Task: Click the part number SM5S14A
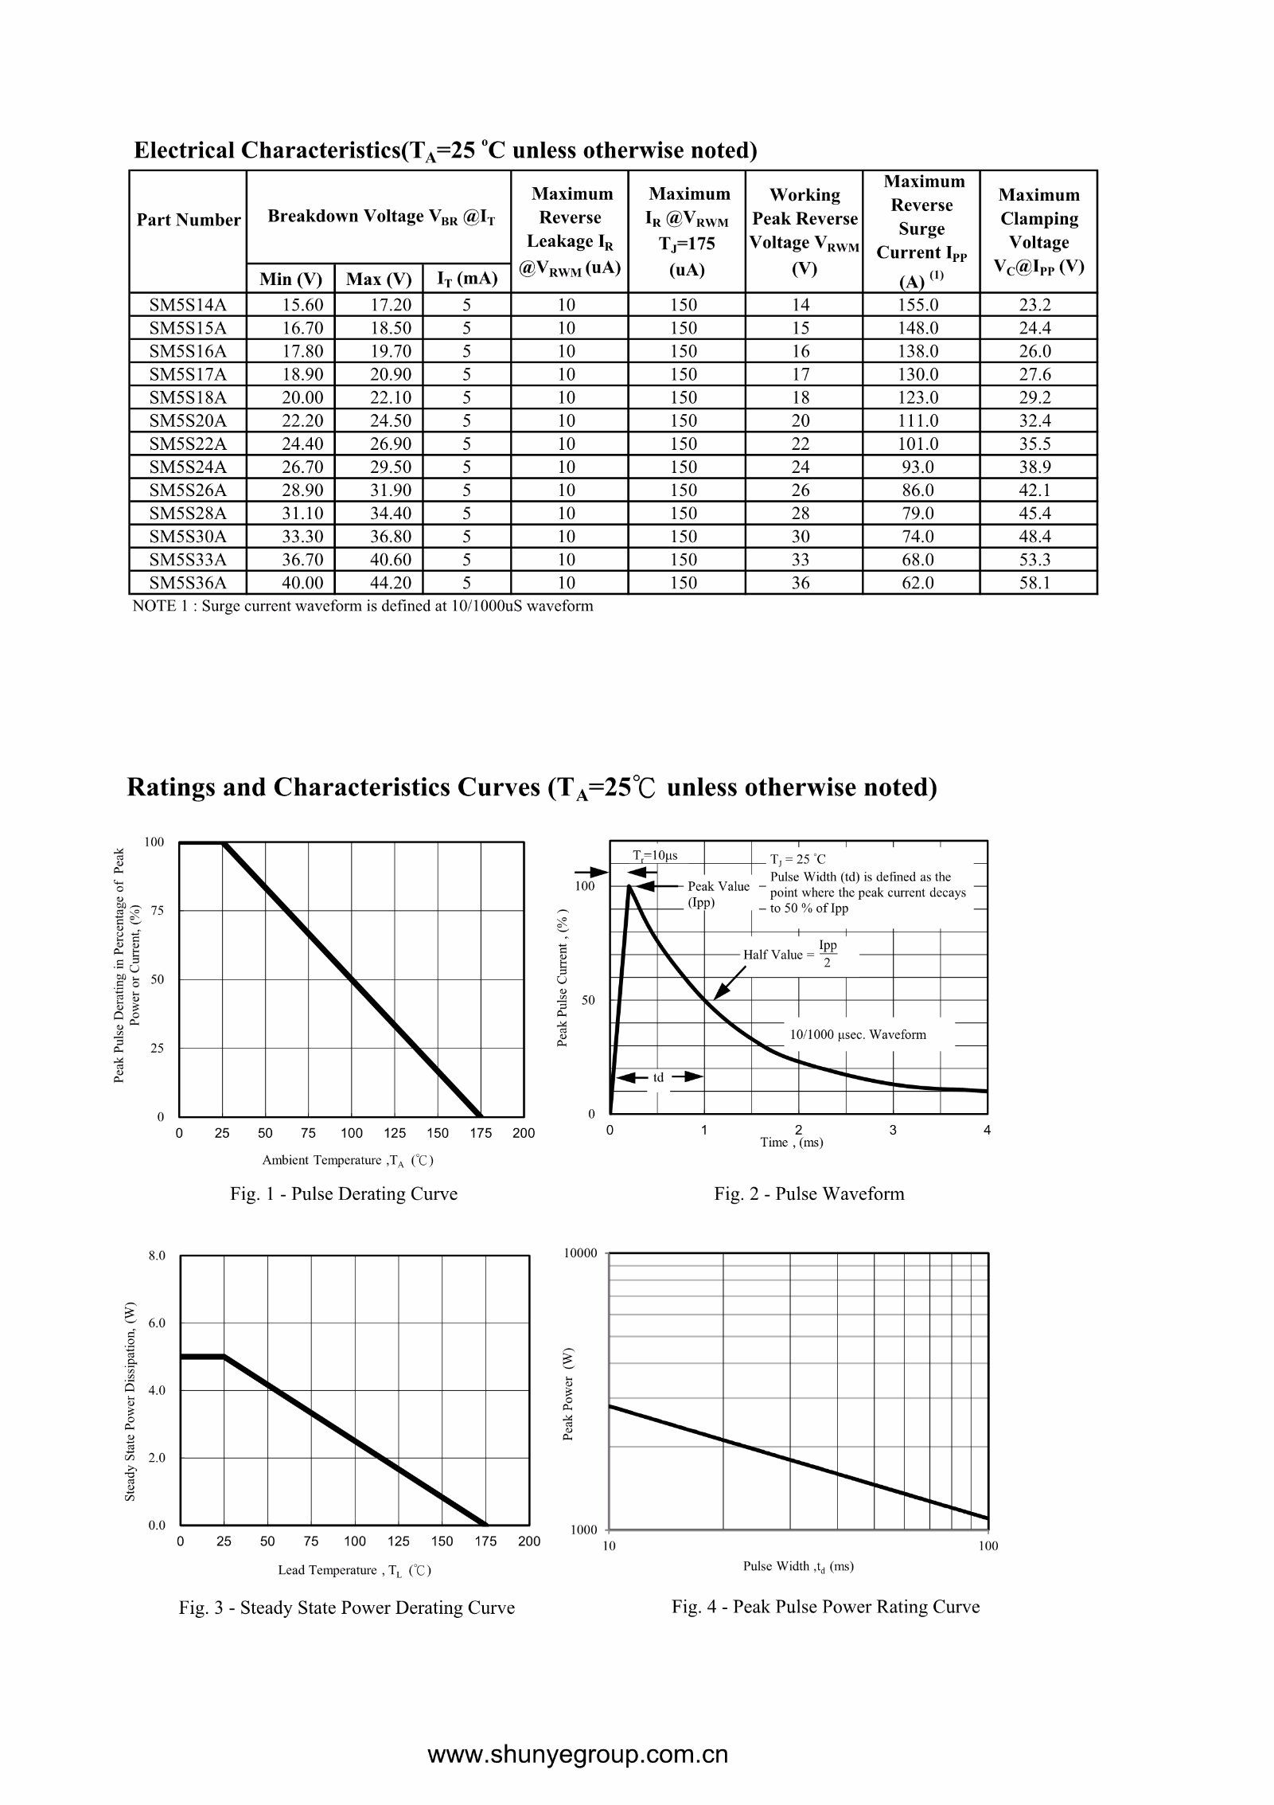[188, 304]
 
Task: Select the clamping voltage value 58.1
[1035, 583]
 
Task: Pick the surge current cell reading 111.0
[918, 420]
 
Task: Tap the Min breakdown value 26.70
[302, 467]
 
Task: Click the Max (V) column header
[379, 279]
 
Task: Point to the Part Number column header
[189, 220]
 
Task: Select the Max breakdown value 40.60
[391, 560]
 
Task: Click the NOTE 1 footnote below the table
[363, 606]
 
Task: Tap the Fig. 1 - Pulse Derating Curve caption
[344, 1194]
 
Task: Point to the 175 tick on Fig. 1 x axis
[481, 1133]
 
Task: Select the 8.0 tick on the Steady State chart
[157, 1256]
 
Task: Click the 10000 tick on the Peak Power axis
[580, 1253]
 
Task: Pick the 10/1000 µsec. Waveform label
[858, 1034]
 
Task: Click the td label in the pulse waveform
[659, 1077]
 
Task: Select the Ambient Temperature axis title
[348, 1160]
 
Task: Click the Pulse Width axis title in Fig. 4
[798, 1566]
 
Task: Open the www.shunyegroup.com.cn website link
[578, 1755]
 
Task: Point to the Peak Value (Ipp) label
[719, 894]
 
